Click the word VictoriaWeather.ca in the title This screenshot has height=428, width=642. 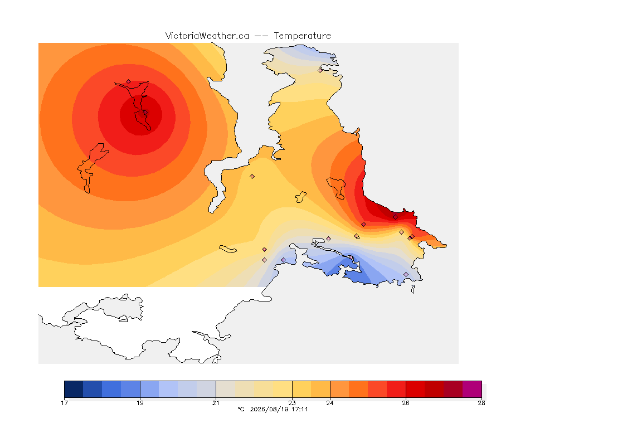(x=207, y=36)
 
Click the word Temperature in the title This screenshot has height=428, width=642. (x=302, y=36)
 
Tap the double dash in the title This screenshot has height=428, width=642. (x=261, y=36)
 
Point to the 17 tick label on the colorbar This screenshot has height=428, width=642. (x=64, y=403)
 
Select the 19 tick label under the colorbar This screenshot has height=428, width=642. (x=140, y=403)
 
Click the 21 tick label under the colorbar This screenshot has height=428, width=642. (x=216, y=403)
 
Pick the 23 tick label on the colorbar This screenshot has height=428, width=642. (x=292, y=403)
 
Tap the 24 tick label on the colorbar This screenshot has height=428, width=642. (x=329, y=403)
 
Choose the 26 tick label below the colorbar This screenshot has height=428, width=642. (x=406, y=403)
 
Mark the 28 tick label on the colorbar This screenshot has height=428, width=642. (x=481, y=403)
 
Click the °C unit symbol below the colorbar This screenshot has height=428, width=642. (x=241, y=409)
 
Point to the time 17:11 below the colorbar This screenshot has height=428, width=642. (x=299, y=409)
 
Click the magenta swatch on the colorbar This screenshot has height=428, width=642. (x=472, y=389)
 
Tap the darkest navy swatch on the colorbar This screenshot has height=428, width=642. (x=74, y=389)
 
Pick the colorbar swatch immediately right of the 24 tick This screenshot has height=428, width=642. (x=339, y=389)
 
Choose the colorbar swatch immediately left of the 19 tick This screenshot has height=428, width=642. (x=130, y=389)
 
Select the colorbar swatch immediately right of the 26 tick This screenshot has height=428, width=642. (x=415, y=389)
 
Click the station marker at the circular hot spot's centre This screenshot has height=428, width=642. (x=145, y=112)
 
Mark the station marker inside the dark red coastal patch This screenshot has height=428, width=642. (x=395, y=217)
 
